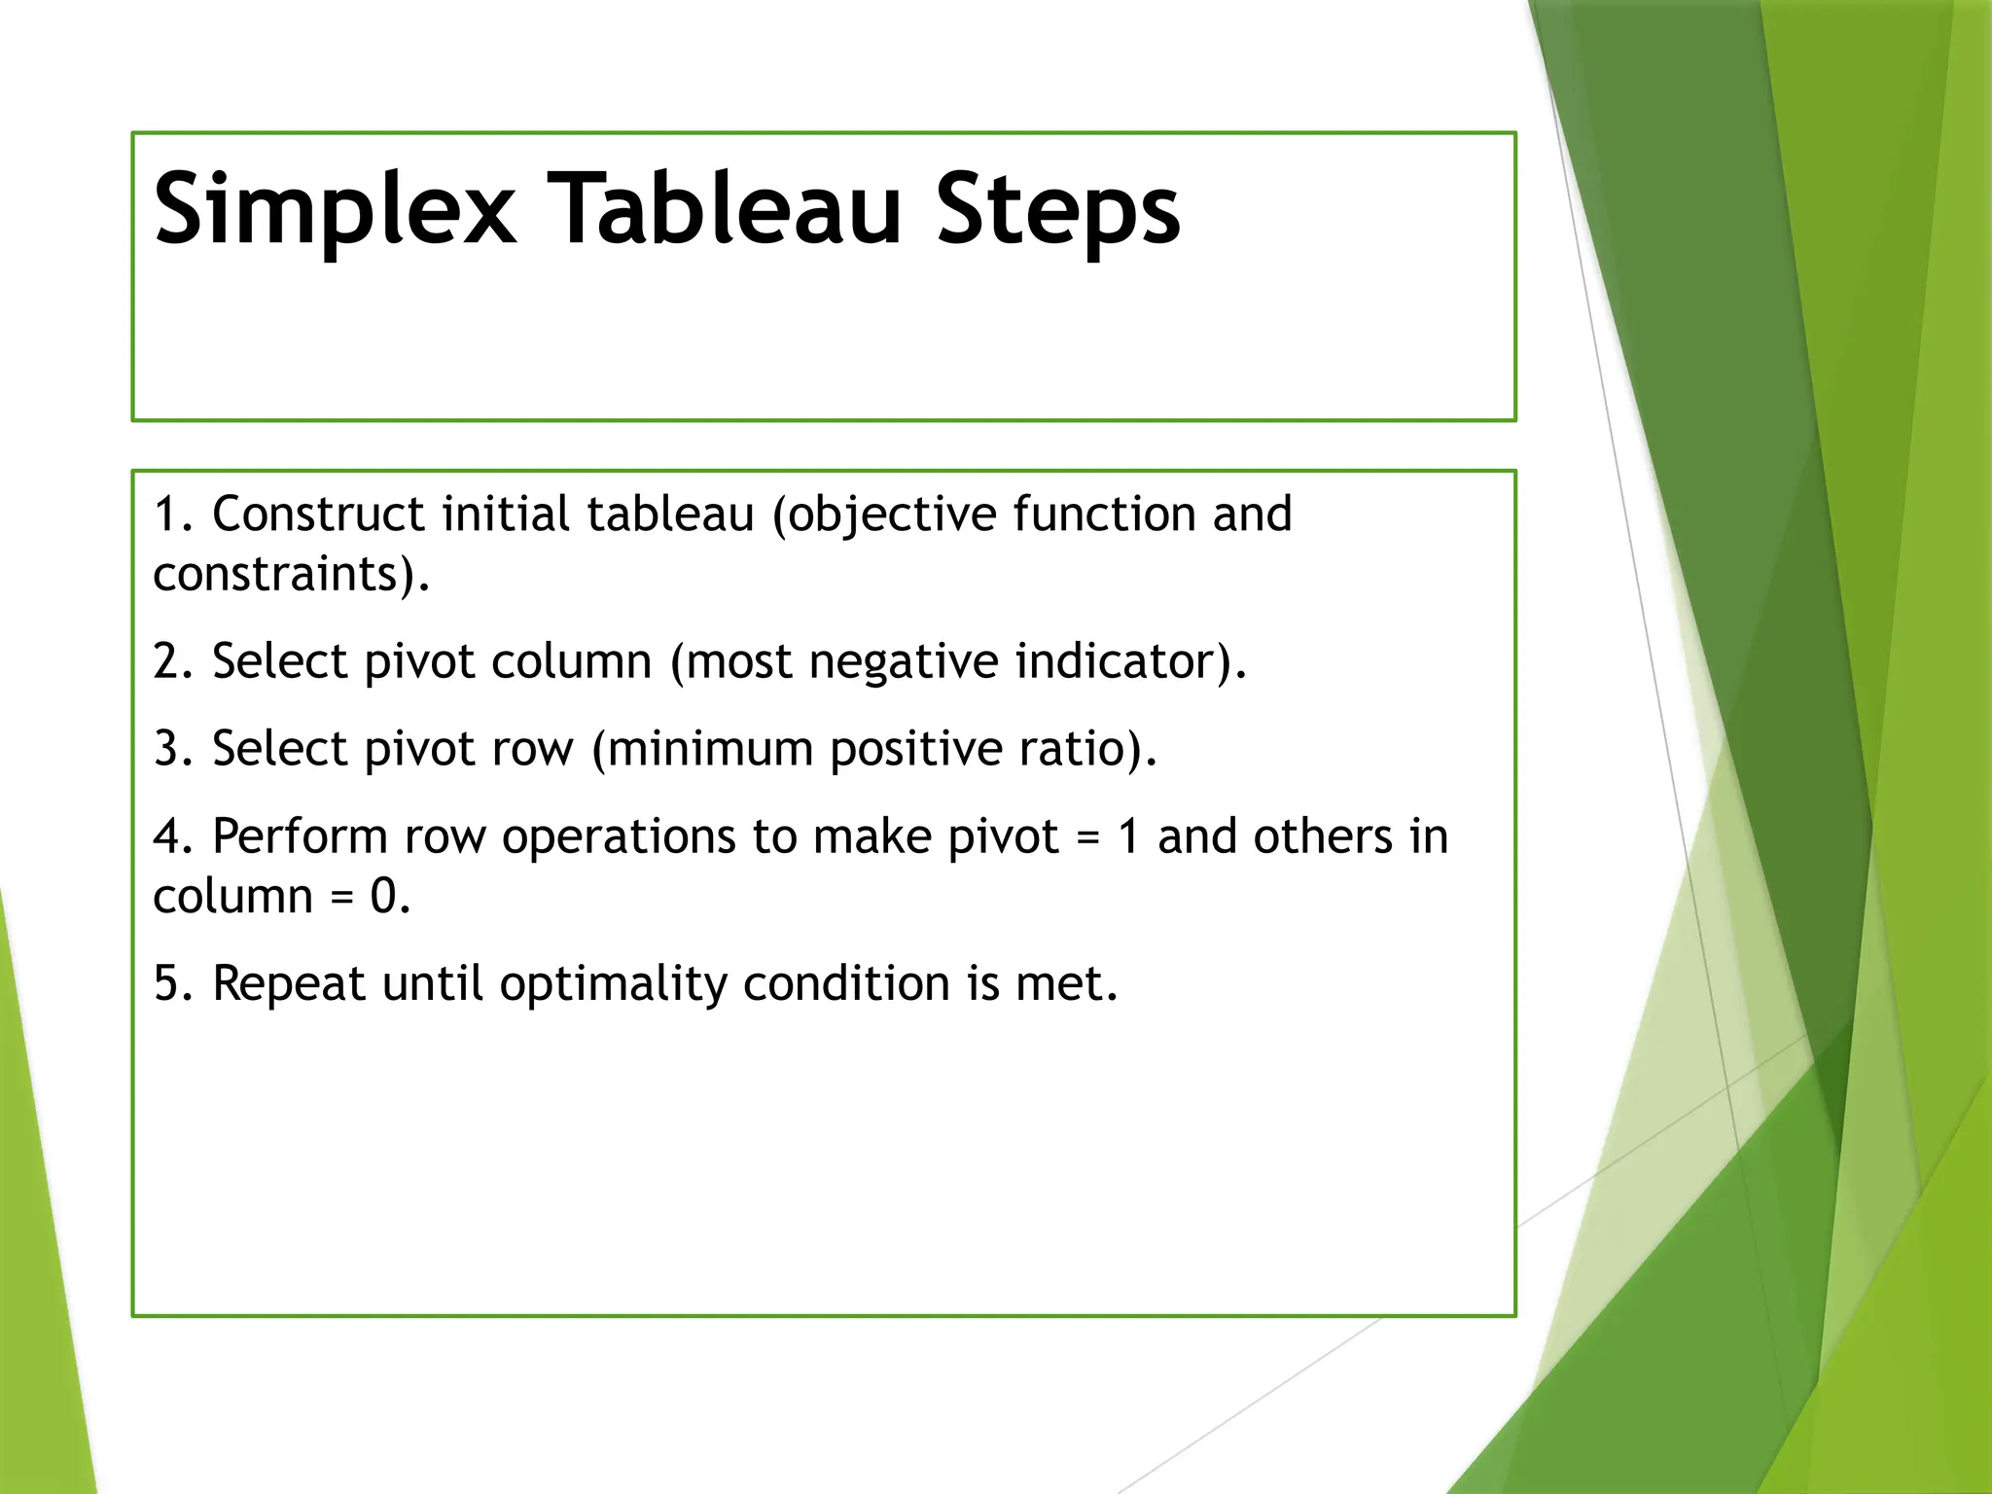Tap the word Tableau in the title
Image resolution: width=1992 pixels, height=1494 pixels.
725,209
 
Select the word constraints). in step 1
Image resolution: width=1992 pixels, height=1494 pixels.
291,575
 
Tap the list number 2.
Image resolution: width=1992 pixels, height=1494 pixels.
171,662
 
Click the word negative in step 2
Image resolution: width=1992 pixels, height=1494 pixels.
903,662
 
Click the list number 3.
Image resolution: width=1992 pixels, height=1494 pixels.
171,750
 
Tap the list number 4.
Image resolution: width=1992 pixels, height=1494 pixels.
171,837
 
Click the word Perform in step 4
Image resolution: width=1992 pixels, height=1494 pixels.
300,837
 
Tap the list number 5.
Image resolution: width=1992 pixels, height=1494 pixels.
171,983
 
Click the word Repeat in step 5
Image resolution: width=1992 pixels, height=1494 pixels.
289,985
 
